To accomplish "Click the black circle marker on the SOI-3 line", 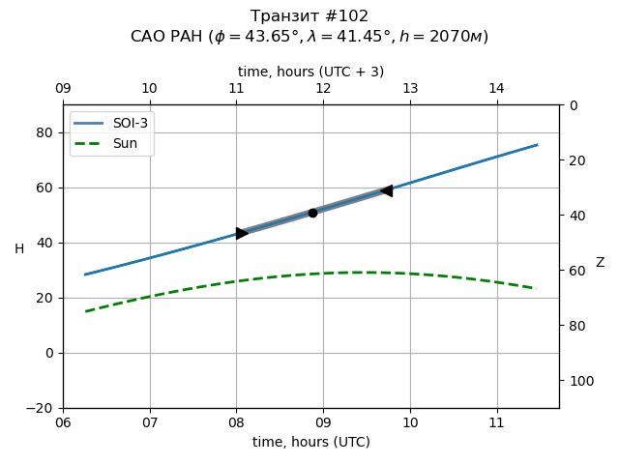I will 312,213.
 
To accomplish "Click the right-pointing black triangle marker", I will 242,233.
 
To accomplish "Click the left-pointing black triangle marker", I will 387,191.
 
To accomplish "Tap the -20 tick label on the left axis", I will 44,408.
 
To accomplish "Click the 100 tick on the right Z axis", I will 579,381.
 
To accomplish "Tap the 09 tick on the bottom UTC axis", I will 323,423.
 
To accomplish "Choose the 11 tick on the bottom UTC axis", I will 496,423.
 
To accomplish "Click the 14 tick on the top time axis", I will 496,89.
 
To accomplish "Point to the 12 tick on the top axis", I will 323,89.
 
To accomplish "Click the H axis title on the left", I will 19,249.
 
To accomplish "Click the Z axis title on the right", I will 600,263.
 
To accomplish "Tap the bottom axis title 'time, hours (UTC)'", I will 310,442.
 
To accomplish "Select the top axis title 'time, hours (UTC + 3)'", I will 310,72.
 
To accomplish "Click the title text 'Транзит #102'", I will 309,16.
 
